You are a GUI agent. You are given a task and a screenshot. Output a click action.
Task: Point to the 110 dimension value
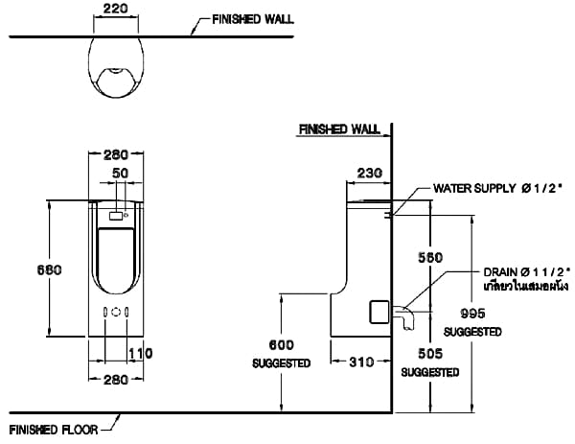pos(141,354)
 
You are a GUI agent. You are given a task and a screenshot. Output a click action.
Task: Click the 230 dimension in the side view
pos(369,173)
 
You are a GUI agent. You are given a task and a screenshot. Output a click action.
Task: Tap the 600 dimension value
pos(282,345)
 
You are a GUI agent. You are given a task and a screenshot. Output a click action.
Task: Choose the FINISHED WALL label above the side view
pos(339,128)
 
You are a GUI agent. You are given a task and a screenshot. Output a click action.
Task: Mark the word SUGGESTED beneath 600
pos(282,363)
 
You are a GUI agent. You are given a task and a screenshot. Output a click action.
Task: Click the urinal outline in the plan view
pos(116,66)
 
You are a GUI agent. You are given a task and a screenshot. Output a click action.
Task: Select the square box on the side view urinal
pos(380,312)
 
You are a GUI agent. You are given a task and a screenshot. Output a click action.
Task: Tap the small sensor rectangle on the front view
pos(116,217)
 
